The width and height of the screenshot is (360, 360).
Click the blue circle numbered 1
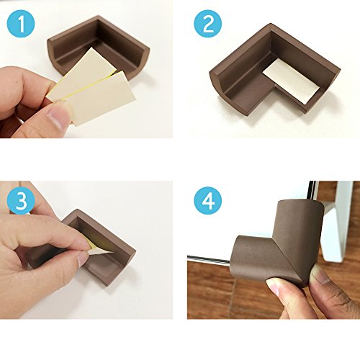point(21,24)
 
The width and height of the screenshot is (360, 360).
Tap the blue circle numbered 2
point(208,24)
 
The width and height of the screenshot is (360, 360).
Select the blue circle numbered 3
point(21,201)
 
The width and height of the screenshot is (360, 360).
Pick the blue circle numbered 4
point(208,201)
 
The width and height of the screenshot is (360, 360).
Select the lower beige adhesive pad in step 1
point(102,99)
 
